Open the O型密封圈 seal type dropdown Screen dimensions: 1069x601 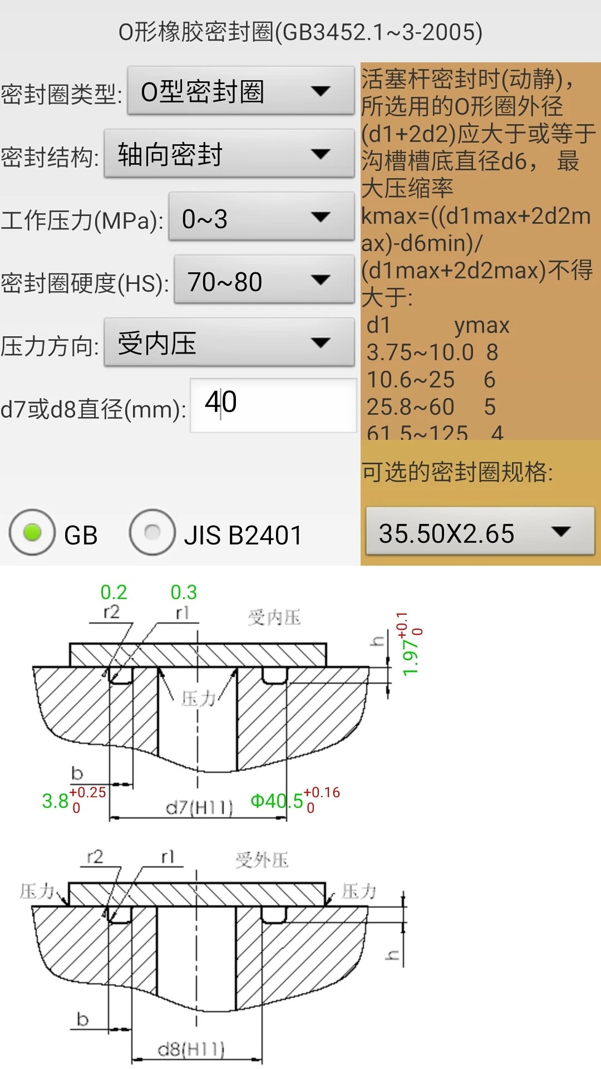240,91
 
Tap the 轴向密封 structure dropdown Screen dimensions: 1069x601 229,154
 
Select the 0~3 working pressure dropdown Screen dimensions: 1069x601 261,217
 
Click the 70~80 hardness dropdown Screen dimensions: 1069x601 264,280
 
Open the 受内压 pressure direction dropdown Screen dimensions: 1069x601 229,343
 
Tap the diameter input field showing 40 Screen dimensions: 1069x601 273,405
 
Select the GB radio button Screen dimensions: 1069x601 32,533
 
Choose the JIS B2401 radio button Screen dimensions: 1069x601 152,533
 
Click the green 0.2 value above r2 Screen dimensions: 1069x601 114,592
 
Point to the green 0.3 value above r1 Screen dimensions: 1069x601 184,592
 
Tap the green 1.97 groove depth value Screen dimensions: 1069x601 410,657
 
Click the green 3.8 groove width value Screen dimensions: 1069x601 55,801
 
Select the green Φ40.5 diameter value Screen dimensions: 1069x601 277,801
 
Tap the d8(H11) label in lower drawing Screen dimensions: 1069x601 191,1050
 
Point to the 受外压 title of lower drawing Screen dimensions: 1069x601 262,860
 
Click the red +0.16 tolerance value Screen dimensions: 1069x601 322,792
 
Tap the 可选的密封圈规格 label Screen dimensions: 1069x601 457,472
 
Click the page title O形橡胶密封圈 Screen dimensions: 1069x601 300,32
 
